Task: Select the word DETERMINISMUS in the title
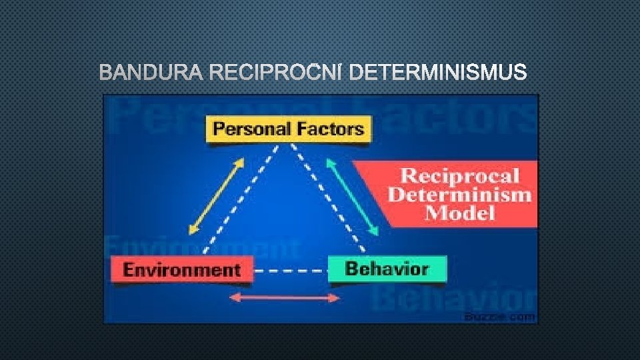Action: pos(438,72)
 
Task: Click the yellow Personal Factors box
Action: pos(289,129)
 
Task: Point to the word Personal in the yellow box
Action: pos(250,129)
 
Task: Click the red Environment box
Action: pos(181,270)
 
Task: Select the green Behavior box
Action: pos(387,269)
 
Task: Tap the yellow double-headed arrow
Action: pos(215,197)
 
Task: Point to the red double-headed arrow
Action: pos(285,297)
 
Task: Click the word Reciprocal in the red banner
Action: pos(459,177)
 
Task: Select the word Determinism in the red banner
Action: pos(459,195)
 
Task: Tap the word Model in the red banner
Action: pos(459,214)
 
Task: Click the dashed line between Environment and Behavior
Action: pos(291,271)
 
